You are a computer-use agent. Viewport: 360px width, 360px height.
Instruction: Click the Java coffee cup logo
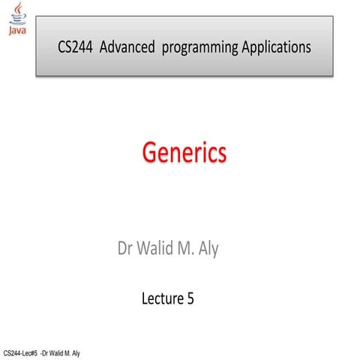pos(15,13)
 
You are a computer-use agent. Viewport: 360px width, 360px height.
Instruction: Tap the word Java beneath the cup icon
pos(15,31)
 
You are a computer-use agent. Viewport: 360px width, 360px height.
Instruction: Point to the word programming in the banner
pos(199,48)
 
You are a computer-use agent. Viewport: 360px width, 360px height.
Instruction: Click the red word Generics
pos(184,154)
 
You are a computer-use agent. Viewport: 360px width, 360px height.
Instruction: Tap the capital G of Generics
pos(150,154)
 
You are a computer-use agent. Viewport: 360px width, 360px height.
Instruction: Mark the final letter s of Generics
pos(220,155)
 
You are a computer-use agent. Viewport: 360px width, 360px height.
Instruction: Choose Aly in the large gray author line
pos(208,249)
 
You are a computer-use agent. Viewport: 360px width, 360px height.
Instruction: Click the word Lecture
pos(161,299)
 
